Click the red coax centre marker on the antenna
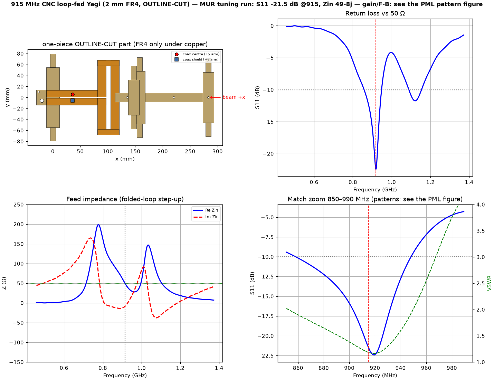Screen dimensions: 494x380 point(73,94)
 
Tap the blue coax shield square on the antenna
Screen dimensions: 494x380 point(73,101)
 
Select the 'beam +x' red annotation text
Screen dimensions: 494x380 point(234,97)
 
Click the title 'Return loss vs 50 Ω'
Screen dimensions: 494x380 point(375,13)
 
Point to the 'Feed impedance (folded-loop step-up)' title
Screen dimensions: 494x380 point(125,199)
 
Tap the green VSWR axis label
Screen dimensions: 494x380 point(489,283)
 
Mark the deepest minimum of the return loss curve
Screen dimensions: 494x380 point(376,169)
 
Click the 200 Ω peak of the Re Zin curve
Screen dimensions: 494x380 point(98,225)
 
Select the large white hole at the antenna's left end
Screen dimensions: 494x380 point(42,101)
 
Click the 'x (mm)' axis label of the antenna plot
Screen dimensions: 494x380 point(125,159)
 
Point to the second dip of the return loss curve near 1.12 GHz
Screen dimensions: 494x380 point(415,101)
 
